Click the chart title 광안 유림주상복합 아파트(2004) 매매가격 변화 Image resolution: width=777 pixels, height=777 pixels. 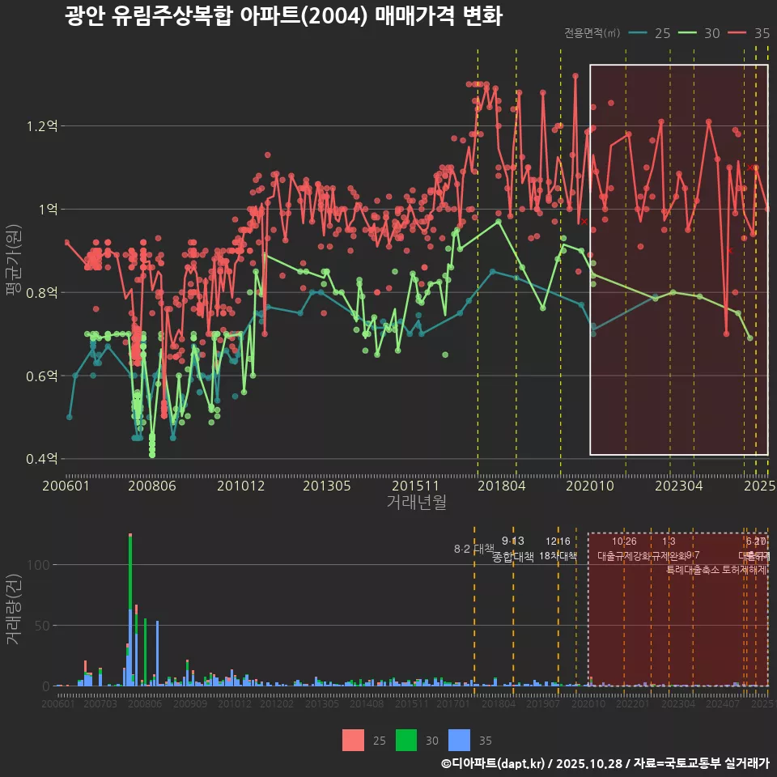point(283,16)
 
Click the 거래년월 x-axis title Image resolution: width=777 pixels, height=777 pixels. point(416,503)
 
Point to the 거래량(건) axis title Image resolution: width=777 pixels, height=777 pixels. point(14,609)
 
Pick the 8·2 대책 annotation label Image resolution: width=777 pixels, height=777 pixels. point(474,549)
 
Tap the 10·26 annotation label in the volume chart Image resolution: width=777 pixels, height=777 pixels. point(623,541)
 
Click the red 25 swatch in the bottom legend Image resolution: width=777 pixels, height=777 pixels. point(354,740)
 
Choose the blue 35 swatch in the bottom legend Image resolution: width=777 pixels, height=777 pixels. point(460,740)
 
